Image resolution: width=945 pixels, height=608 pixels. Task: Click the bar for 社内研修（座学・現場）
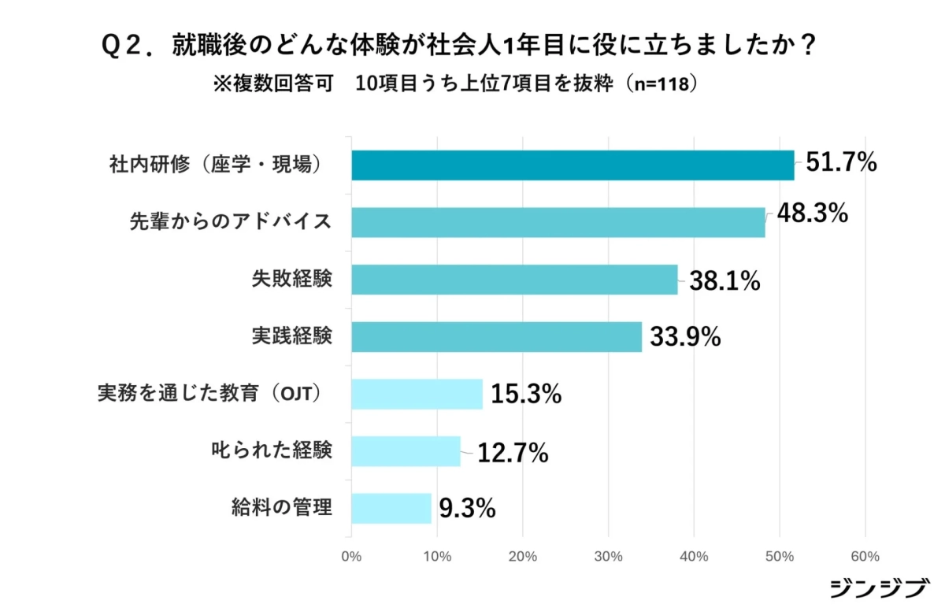click(573, 165)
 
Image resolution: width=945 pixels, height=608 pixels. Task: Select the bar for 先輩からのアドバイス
click(558, 223)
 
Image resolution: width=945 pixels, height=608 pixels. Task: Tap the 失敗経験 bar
click(514, 280)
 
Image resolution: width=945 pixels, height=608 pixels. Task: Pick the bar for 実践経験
click(496, 336)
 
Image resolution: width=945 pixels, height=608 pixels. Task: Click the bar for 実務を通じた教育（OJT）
click(417, 394)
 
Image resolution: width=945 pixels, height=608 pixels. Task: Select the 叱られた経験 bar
click(406, 451)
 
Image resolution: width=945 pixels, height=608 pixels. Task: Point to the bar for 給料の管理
click(391, 508)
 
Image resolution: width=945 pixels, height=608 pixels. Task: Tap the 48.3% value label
click(812, 213)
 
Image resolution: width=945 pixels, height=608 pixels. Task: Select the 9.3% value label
click(467, 509)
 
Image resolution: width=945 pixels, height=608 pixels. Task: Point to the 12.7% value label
click(513, 454)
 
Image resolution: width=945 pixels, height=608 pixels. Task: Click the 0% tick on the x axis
click(351, 557)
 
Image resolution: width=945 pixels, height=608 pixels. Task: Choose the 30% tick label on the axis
click(608, 557)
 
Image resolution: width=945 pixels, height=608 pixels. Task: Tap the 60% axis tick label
click(865, 557)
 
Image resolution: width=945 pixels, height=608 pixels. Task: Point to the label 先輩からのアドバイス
click(230, 223)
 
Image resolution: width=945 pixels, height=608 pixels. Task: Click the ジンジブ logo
click(879, 589)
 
